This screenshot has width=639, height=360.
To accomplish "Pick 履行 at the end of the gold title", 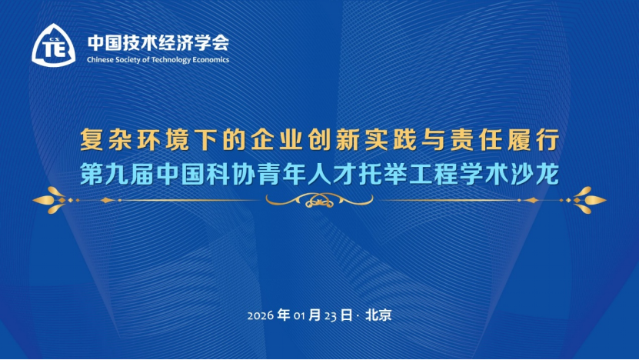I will pos(538,142).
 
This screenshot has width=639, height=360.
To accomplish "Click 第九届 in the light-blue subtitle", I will pos(115,172).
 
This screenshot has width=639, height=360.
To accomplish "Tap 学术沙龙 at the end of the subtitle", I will pos(514,172).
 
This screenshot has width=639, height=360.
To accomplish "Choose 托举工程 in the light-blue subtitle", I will pos(394,172).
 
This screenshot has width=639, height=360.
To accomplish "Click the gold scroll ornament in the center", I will pos(318,200).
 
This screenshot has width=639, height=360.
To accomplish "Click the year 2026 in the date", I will pos(261,316).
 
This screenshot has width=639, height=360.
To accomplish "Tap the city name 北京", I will pos(378,315).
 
